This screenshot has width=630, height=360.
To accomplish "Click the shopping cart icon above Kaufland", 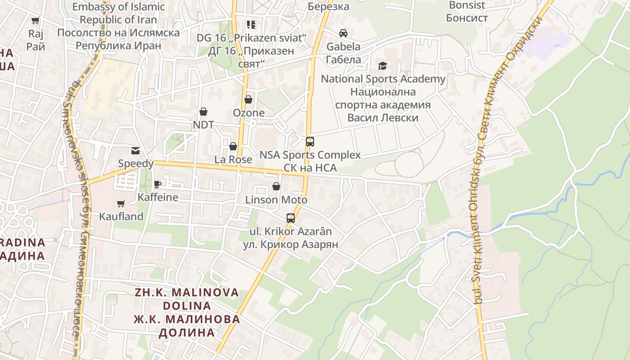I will tap(121, 204).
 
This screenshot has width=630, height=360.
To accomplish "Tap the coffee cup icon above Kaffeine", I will tap(157, 184).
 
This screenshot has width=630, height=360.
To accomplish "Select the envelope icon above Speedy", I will tap(135, 150).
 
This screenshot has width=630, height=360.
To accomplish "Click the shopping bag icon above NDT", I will tap(203, 112).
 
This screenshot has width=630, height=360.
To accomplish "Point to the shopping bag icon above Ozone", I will tap(248, 99).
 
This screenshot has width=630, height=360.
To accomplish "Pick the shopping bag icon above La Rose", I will tap(233, 146).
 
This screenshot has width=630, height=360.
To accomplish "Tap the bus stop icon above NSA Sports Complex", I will tap(310, 142).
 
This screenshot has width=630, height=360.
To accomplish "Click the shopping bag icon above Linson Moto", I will tap(276, 186).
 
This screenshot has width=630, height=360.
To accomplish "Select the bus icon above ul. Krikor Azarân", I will tap(291, 218).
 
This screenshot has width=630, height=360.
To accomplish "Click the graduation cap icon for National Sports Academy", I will tap(382, 66).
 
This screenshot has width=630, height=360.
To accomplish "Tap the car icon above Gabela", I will tap(343, 33).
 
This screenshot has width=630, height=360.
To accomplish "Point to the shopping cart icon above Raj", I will tap(36, 20).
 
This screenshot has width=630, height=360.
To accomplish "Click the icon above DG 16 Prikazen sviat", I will tap(251, 24).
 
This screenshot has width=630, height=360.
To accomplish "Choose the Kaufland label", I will tap(121, 216).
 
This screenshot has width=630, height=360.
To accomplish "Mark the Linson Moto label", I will tap(276, 200).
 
